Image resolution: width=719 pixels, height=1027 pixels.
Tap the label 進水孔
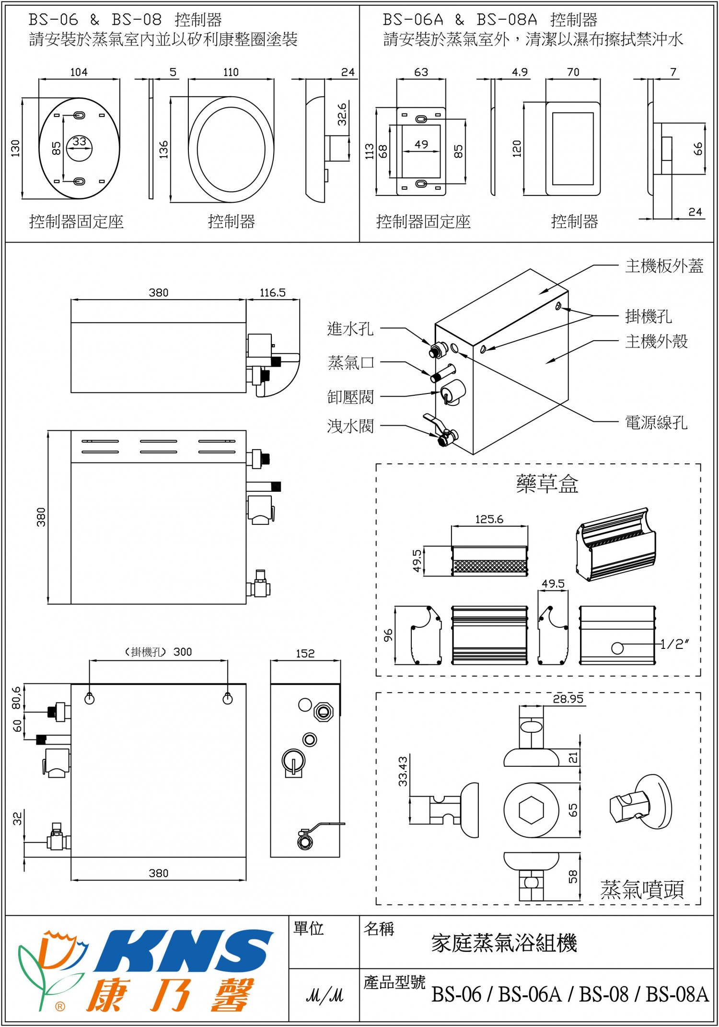pyautogui.click(x=350, y=329)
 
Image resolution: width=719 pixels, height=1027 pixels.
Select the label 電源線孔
pyautogui.click(x=656, y=423)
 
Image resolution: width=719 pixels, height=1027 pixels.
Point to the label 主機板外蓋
pyautogui.click(x=664, y=266)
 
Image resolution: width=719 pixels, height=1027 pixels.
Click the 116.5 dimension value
pyautogui.click(x=272, y=293)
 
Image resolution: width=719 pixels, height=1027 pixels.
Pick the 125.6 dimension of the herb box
pyautogui.click(x=489, y=519)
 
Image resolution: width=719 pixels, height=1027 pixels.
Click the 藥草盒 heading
pyautogui.click(x=547, y=484)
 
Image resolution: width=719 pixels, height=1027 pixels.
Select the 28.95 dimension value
pyautogui.click(x=568, y=699)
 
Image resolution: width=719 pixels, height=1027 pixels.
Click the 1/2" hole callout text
pyautogui.click(x=674, y=645)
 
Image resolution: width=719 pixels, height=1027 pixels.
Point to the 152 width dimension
pyautogui.click(x=305, y=654)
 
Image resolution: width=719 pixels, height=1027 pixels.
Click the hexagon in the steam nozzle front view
pyautogui.click(x=531, y=810)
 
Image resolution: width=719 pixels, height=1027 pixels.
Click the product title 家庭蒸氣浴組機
pyautogui.click(x=504, y=943)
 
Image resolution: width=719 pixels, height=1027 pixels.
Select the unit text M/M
pyautogui.click(x=325, y=996)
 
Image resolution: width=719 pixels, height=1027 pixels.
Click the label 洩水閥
pyautogui.click(x=350, y=426)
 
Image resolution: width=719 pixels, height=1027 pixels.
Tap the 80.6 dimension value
pyautogui.click(x=17, y=698)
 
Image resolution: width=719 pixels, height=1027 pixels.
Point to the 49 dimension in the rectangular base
pyautogui.click(x=421, y=144)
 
